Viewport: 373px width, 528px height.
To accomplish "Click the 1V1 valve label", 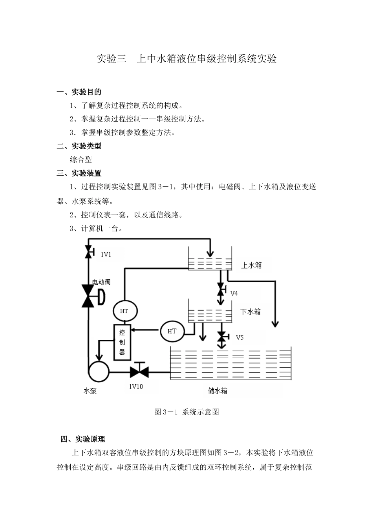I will click(x=106, y=254).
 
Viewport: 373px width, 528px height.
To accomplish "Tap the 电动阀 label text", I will click(x=101, y=282).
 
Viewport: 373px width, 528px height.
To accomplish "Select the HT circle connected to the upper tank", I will click(x=124, y=311).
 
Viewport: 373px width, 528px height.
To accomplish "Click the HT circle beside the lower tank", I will click(x=172, y=331).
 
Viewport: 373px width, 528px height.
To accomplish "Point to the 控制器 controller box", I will click(x=122, y=342).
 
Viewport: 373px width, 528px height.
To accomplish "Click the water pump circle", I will click(x=98, y=370).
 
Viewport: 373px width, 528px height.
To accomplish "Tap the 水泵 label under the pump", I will click(x=90, y=391).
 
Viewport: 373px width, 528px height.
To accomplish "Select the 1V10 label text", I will click(x=136, y=387).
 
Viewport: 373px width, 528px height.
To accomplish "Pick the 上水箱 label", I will click(x=251, y=265).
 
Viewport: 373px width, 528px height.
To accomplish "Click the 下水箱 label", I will click(x=250, y=312).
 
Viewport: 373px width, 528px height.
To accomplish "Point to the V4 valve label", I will click(x=234, y=293).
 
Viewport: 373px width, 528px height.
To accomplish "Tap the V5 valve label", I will click(x=240, y=337).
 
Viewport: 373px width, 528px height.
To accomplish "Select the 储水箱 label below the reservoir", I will click(x=218, y=390).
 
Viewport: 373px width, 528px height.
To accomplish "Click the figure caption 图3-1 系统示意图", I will click(x=186, y=412).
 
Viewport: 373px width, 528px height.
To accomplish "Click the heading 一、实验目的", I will click(x=79, y=92).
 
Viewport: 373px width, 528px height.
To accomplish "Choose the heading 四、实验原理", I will click(x=83, y=439).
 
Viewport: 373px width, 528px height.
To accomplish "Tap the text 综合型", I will click(x=81, y=159).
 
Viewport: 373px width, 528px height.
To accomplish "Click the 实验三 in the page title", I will click(x=112, y=59).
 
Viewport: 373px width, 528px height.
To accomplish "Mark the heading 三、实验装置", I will click(x=79, y=173).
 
